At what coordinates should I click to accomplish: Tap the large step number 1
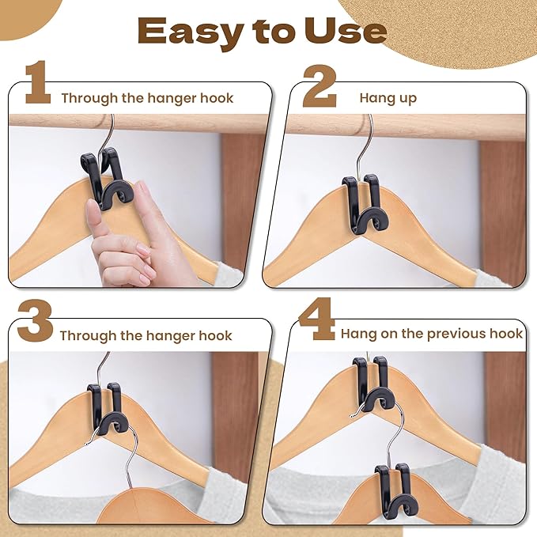[x=37, y=85]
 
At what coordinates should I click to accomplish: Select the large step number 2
[x=319, y=85]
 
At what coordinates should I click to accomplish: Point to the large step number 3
[x=34, y=322]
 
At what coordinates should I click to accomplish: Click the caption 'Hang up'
[x=388, y=98]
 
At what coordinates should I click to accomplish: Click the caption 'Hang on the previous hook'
[x=431, y=334]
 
